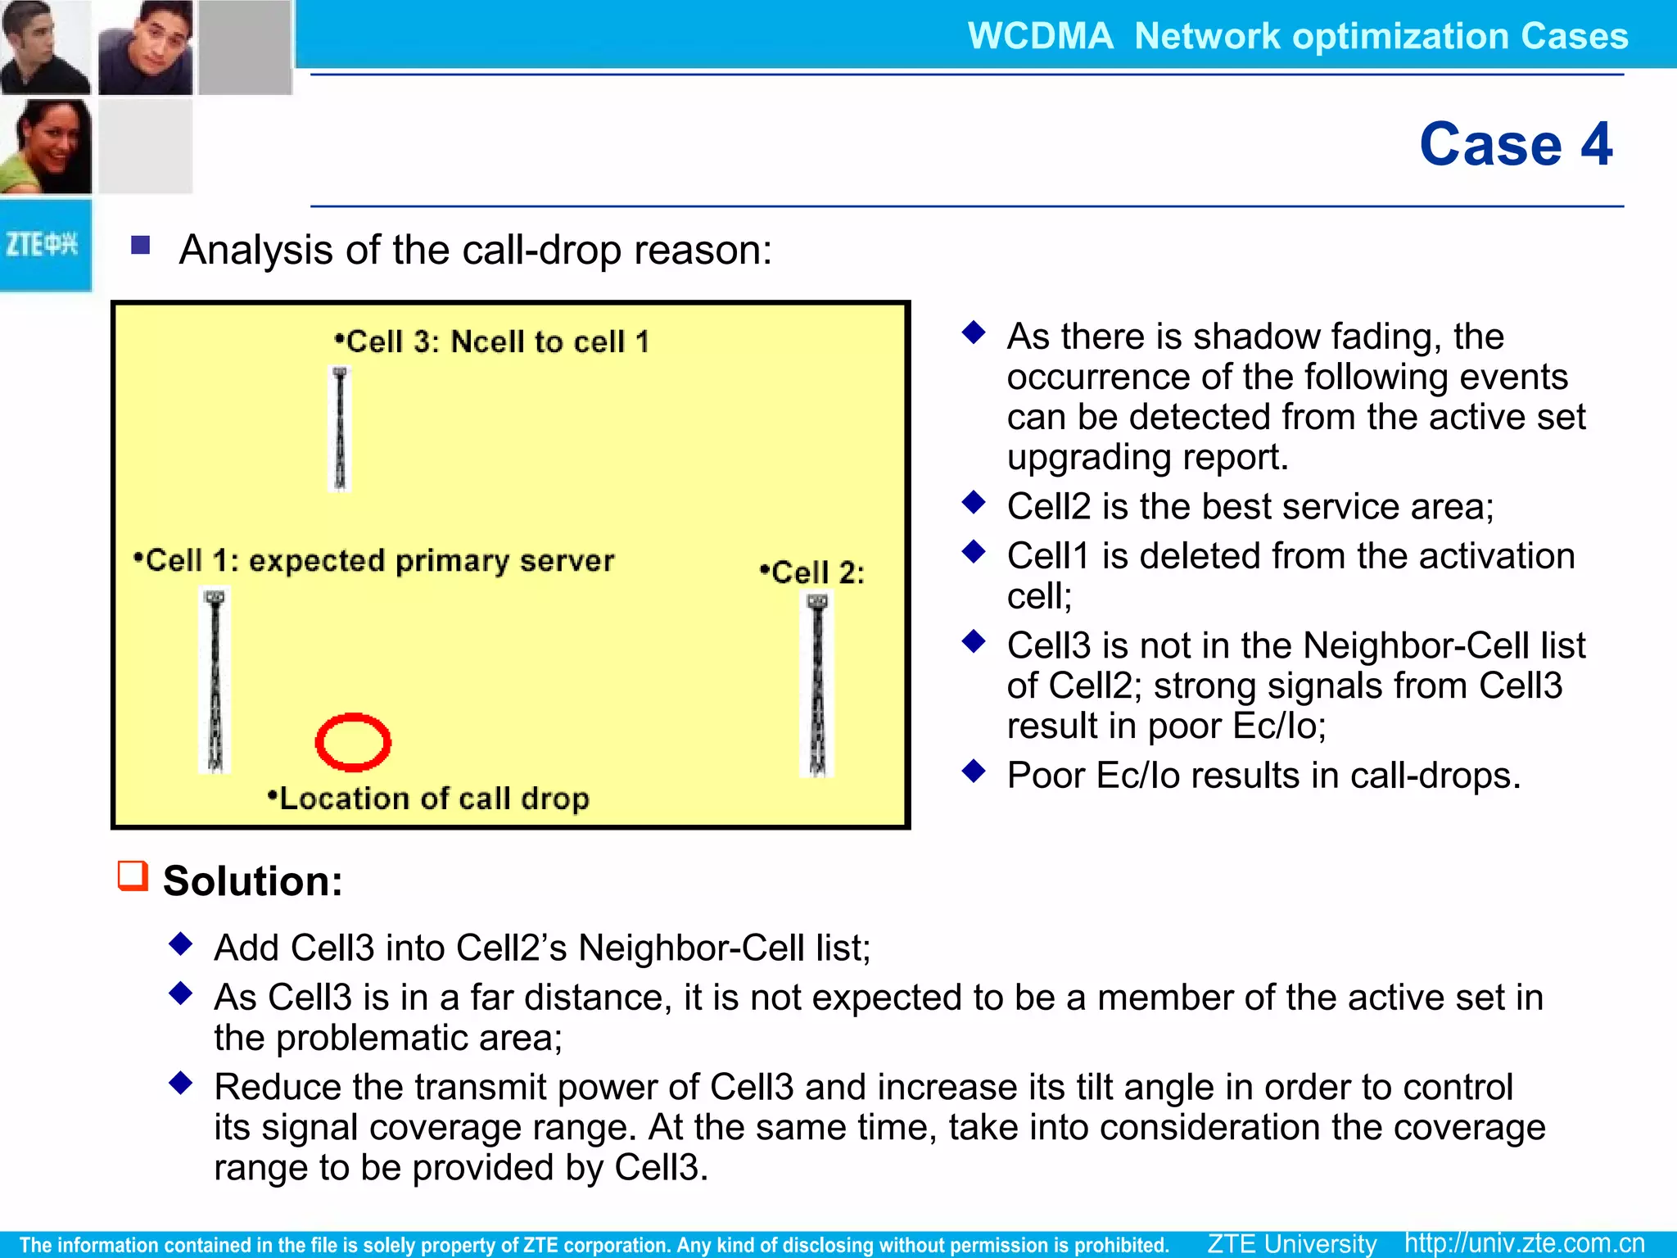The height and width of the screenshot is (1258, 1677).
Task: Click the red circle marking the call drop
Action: (x=353, y=742)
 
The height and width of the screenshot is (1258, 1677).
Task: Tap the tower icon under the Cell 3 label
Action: (x=340, y=429)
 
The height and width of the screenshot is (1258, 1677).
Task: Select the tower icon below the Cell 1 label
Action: (x=215, y=680)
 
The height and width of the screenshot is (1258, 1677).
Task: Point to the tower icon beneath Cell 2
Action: (x=817, y=685)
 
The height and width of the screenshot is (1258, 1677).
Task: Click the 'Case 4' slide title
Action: (x=1515, y=144)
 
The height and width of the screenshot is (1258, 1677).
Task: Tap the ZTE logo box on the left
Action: (x=44, y=245)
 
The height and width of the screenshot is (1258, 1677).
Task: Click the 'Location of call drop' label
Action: (x=429, y=798)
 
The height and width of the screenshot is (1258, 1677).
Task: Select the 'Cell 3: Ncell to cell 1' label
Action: (x=492, y=342)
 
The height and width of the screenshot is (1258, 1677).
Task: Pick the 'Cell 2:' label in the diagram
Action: (x=812, y=572)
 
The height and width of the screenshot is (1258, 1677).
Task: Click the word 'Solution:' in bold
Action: (x=252, y=881)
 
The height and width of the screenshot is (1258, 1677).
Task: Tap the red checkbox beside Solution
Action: (x=133, y=876)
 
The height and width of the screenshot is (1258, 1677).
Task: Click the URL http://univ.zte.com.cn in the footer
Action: (x=1524, y=1242)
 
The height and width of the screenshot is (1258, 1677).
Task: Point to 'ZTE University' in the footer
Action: (x=1291, y=1242)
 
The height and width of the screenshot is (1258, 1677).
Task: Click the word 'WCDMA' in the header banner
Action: (x=1040, y=36)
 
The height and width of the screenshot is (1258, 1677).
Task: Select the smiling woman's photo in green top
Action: (x=46, y=147)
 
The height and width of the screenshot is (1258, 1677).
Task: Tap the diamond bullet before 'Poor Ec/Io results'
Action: (x=974, y=771)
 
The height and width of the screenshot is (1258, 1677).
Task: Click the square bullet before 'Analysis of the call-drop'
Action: (x=141, y=245)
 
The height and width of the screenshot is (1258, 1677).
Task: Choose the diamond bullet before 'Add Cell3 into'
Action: (x=180, y=944)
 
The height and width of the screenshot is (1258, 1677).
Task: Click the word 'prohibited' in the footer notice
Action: (x=1119, y=1245)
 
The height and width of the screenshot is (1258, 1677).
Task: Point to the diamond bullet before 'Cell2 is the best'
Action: (x=974, y=502)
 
